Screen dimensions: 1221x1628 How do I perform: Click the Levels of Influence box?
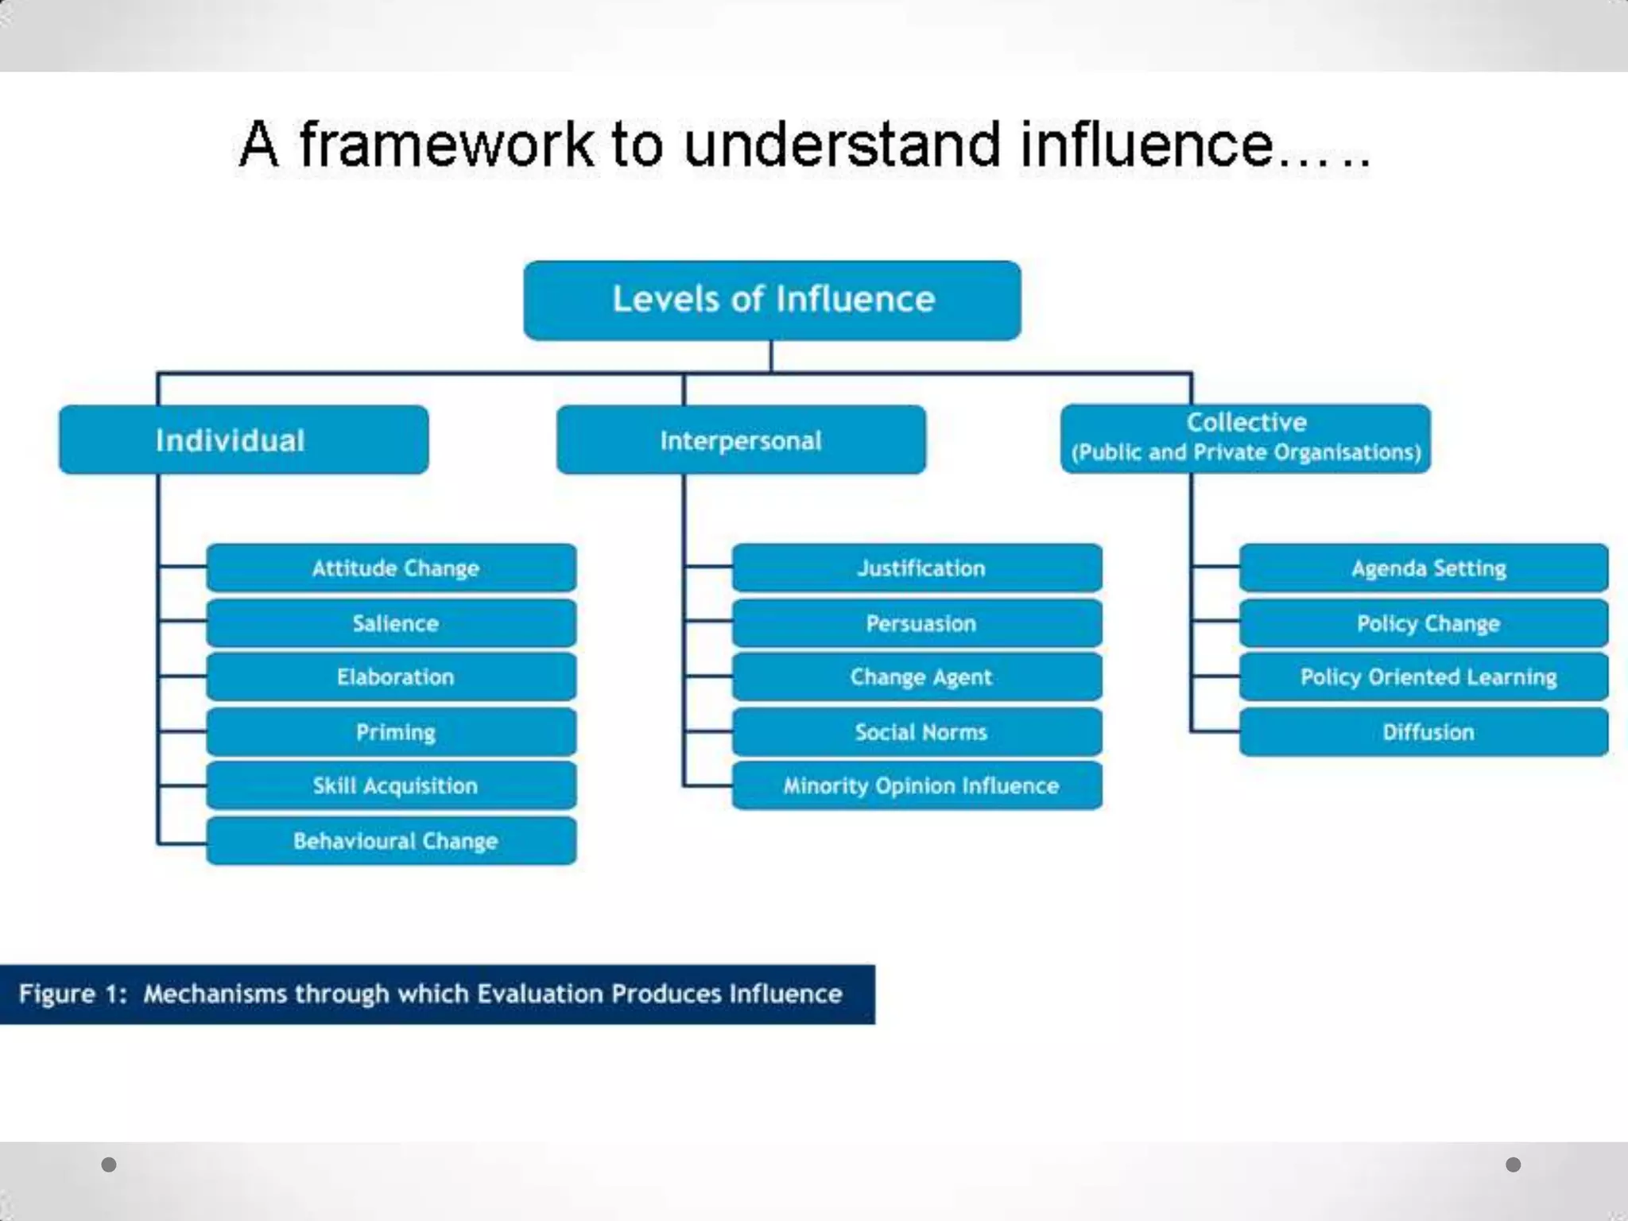(x=772, y=300)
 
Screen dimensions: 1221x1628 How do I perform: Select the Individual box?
(x=243, y=440)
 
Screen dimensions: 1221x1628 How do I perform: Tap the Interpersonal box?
(x=741, y=440)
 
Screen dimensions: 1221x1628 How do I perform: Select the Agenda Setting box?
(x=1424, y=568)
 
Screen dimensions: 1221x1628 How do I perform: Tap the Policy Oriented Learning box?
(x=1424, y=676)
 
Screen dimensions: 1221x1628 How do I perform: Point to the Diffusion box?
(x=1424, y=731)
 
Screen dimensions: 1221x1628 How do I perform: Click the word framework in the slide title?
(x=446, y=145)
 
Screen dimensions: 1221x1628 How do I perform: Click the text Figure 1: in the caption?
(x=72, y=994)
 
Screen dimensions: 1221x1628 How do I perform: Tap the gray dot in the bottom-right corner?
(x=1513, y=1165)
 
